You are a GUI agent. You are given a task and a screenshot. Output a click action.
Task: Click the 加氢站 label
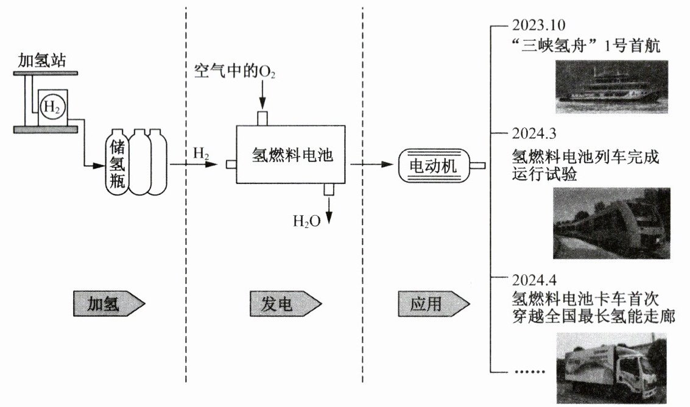[41, 60]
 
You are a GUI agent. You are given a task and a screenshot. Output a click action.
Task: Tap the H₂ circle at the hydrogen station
[51, 107]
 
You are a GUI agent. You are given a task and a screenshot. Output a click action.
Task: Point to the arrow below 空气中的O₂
[261, 95]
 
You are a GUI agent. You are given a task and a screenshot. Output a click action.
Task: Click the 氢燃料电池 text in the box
[292, 155]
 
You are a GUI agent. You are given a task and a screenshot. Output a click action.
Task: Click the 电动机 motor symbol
[433, 165]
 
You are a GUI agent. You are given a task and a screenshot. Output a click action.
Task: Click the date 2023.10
[539, 26]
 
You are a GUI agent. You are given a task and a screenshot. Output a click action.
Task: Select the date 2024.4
[535, 281]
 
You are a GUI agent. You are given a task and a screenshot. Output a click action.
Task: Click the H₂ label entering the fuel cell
[201, 153]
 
